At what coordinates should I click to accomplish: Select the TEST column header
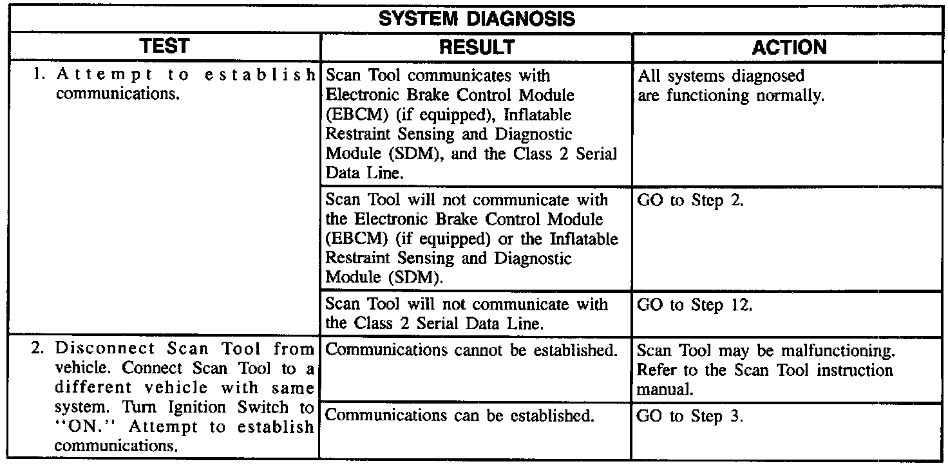[x=167, y=47]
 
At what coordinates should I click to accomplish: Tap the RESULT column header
[x=477, y=47]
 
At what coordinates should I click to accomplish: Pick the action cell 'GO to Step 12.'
[x=694, y=306]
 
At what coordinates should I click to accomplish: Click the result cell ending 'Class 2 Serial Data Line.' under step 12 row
[x=466, y=313]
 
